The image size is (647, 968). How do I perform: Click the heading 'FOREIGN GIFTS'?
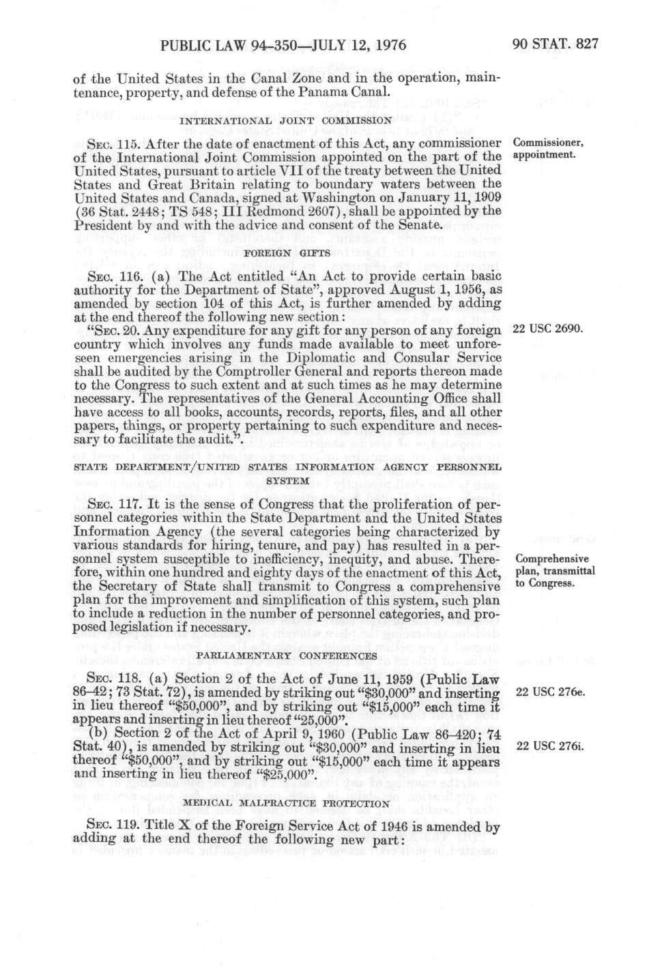point(285,252)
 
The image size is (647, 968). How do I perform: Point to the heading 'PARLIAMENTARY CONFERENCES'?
point(285,655)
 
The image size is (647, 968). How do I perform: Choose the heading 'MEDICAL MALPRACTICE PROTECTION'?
point(285,803)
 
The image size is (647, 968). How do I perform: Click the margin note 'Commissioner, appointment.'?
point(548,149)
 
